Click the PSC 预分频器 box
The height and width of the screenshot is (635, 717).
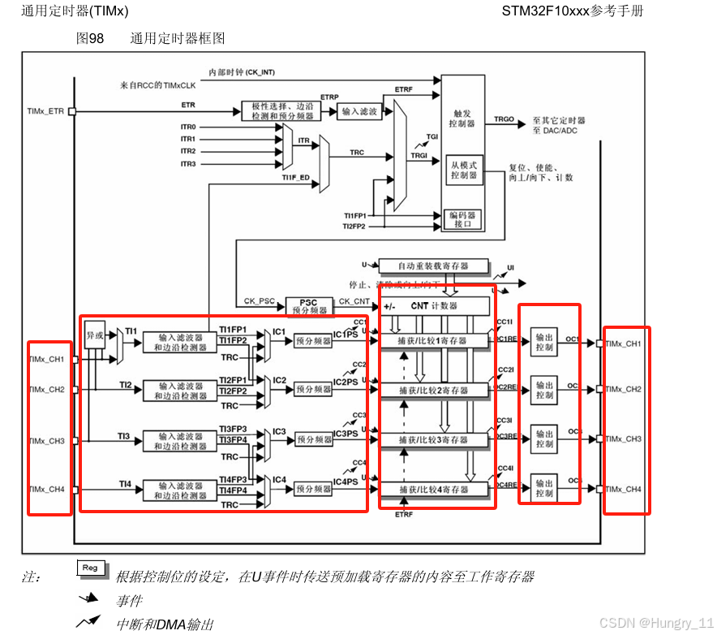[308, 306]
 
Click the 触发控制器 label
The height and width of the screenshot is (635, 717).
[462, 119]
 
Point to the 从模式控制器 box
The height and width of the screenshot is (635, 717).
[464, 169]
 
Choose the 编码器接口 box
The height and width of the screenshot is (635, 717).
[463, 219]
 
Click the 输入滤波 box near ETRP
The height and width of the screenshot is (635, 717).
[359, 112]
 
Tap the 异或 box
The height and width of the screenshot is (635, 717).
[94, 335]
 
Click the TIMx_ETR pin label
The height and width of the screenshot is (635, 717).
[45, 111]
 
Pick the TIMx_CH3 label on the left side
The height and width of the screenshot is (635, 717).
[46, 441]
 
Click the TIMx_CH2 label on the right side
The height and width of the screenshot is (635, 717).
[623, 390]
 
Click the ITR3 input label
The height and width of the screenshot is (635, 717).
[188, 164]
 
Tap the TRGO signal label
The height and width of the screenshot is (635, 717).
[504, 119]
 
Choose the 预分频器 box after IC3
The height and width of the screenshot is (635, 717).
[313, 439]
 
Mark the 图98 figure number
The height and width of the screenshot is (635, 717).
[89, 38]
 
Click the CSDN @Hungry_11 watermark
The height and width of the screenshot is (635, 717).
[655, 622]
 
